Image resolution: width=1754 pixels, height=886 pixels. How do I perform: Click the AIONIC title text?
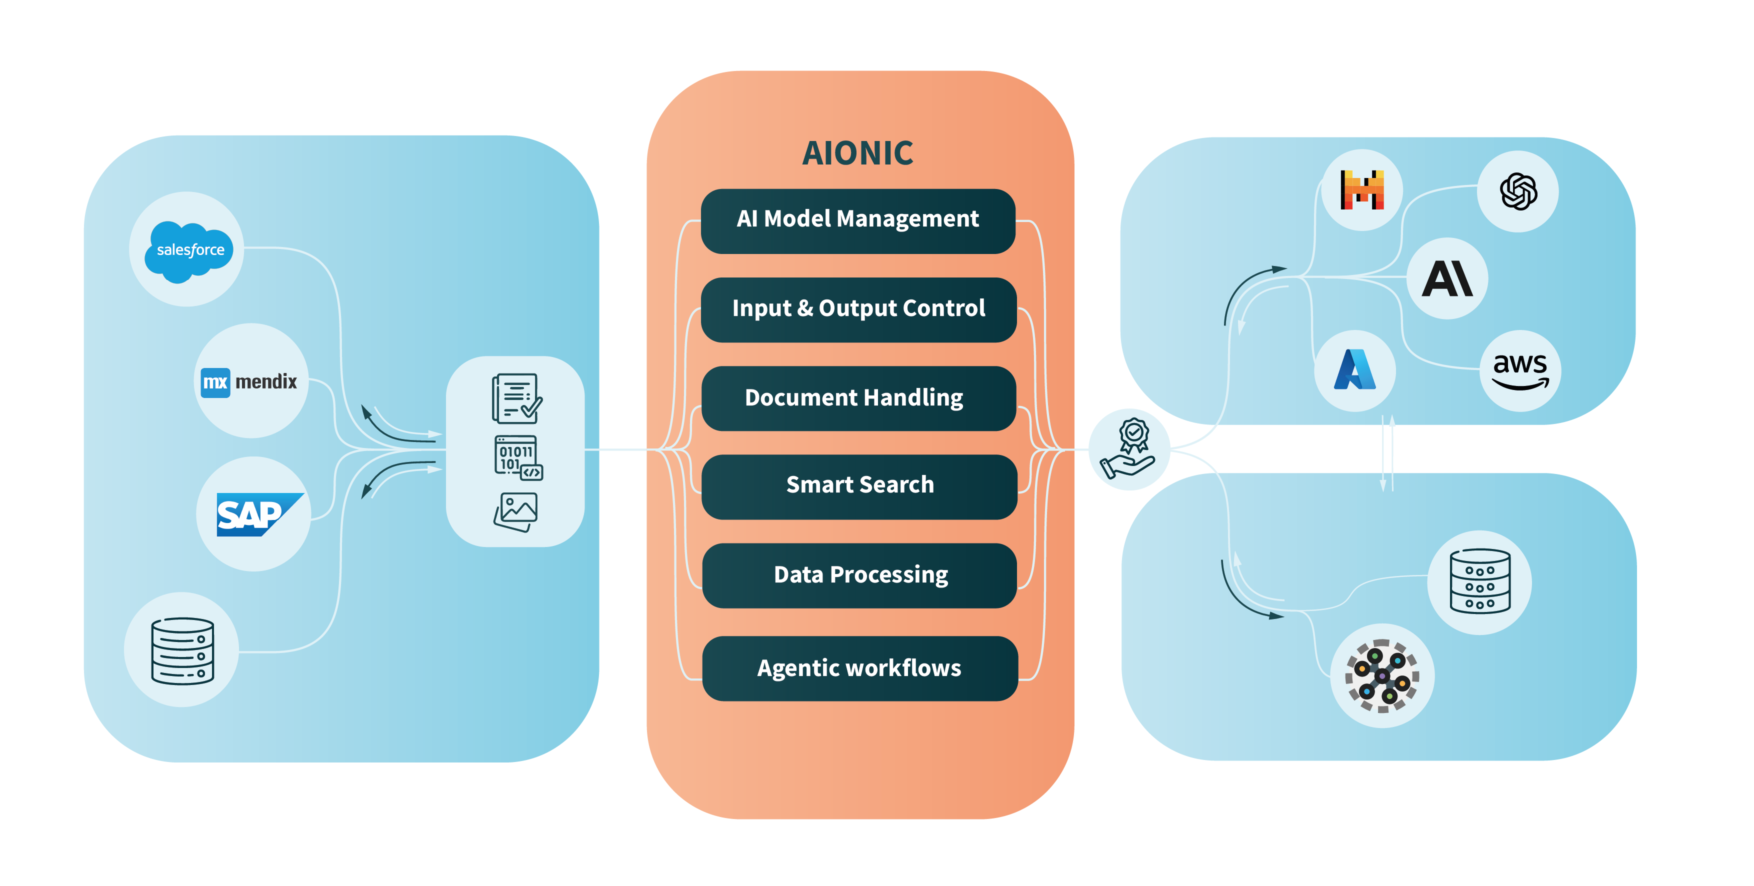(x=857, y=153)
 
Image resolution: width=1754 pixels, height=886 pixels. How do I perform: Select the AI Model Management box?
(x=857, y=220)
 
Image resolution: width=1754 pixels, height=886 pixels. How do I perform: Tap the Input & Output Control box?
(x=858, y=308)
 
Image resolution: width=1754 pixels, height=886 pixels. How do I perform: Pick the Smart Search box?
(x=859, y=485)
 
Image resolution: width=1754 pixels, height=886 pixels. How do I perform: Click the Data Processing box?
(x=860, y=575)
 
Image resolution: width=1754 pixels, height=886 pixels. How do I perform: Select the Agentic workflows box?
(x=859, y=668)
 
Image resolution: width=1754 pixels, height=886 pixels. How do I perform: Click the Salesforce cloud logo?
(x=189, y=250)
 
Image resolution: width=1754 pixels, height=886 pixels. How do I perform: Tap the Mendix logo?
(x=250, y=381)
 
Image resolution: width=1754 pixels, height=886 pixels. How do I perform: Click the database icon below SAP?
(x=182, y=650)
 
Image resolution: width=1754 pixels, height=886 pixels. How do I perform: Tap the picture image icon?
(x=515, y=511)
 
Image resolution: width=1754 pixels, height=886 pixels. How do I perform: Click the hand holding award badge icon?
(x=1128, y=449)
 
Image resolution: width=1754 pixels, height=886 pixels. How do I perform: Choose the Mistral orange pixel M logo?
(x=1362, y=190)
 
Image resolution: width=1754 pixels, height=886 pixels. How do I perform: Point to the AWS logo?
(x=1520, y=371)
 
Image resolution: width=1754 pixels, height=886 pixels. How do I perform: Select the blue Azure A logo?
(x=1354, y=370)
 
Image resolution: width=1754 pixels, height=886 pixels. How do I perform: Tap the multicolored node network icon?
(x=1381, y=675)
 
